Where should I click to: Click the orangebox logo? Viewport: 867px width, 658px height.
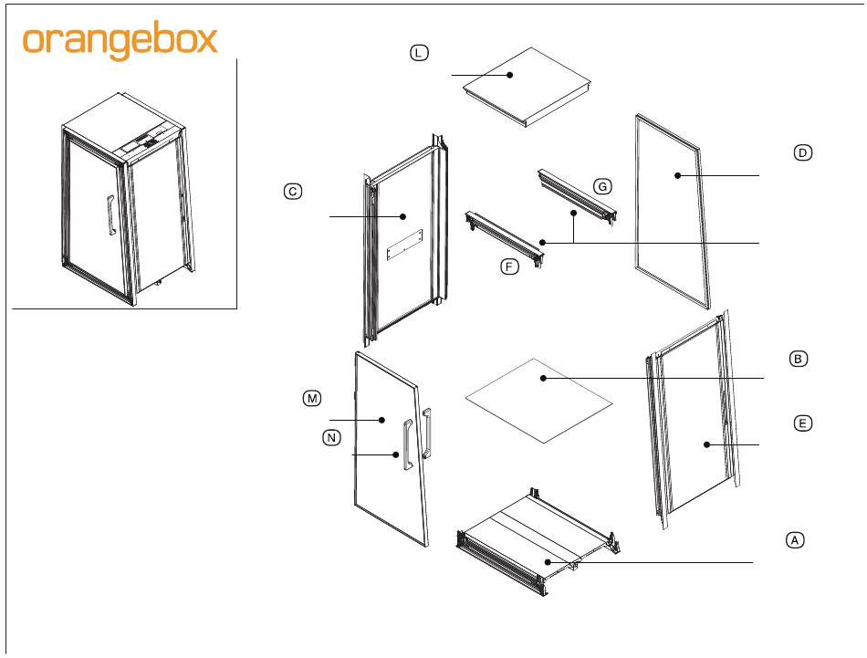pyautogui.click(x=120, y=40)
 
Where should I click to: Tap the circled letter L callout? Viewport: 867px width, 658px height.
pyautogui.click(x=419, y=53)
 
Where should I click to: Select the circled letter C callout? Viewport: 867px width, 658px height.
pyautogui.click(x=293, y=192)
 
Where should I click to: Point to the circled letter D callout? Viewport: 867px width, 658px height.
pyautogui.click(x=803, y=152)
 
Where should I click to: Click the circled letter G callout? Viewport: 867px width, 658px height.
pyautogui.click(x=602, y=186)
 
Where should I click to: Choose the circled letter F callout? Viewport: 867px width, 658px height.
pyautogui.click(x=510, y=267)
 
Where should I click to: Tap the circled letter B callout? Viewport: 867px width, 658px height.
pyautogui.click(x=798, y=359)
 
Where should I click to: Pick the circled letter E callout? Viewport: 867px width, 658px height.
pyautogui.click(x=803, y=423)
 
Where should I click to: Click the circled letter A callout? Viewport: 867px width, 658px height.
pyautogui.click(x=795, y=540)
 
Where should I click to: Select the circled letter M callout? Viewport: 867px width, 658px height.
pyautogui.click(x=312, y=398)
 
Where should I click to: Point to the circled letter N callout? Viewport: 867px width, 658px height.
pyautogui.click(x=332, y=438)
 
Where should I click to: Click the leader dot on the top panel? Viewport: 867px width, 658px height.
pyautogui.click(x=510, y=75)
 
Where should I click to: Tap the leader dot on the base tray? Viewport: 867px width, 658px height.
pyautogui.click(x=548, y=562)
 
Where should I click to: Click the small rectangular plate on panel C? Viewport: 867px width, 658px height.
pyautogui.click(x=404, y=245)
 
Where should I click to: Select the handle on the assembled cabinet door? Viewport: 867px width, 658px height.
pyautogui.click(x=110, y=215)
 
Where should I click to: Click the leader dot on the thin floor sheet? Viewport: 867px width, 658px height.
pyautogui.click(x=544, y=378)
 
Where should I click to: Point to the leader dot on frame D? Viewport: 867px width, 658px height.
pyautogui.click(x=677, y=176)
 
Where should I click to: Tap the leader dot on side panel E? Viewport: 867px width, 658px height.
pyautogui.click(x=706, y=444)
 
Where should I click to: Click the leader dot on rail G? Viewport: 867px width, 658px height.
pyautogui.click(x=574, y=213)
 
